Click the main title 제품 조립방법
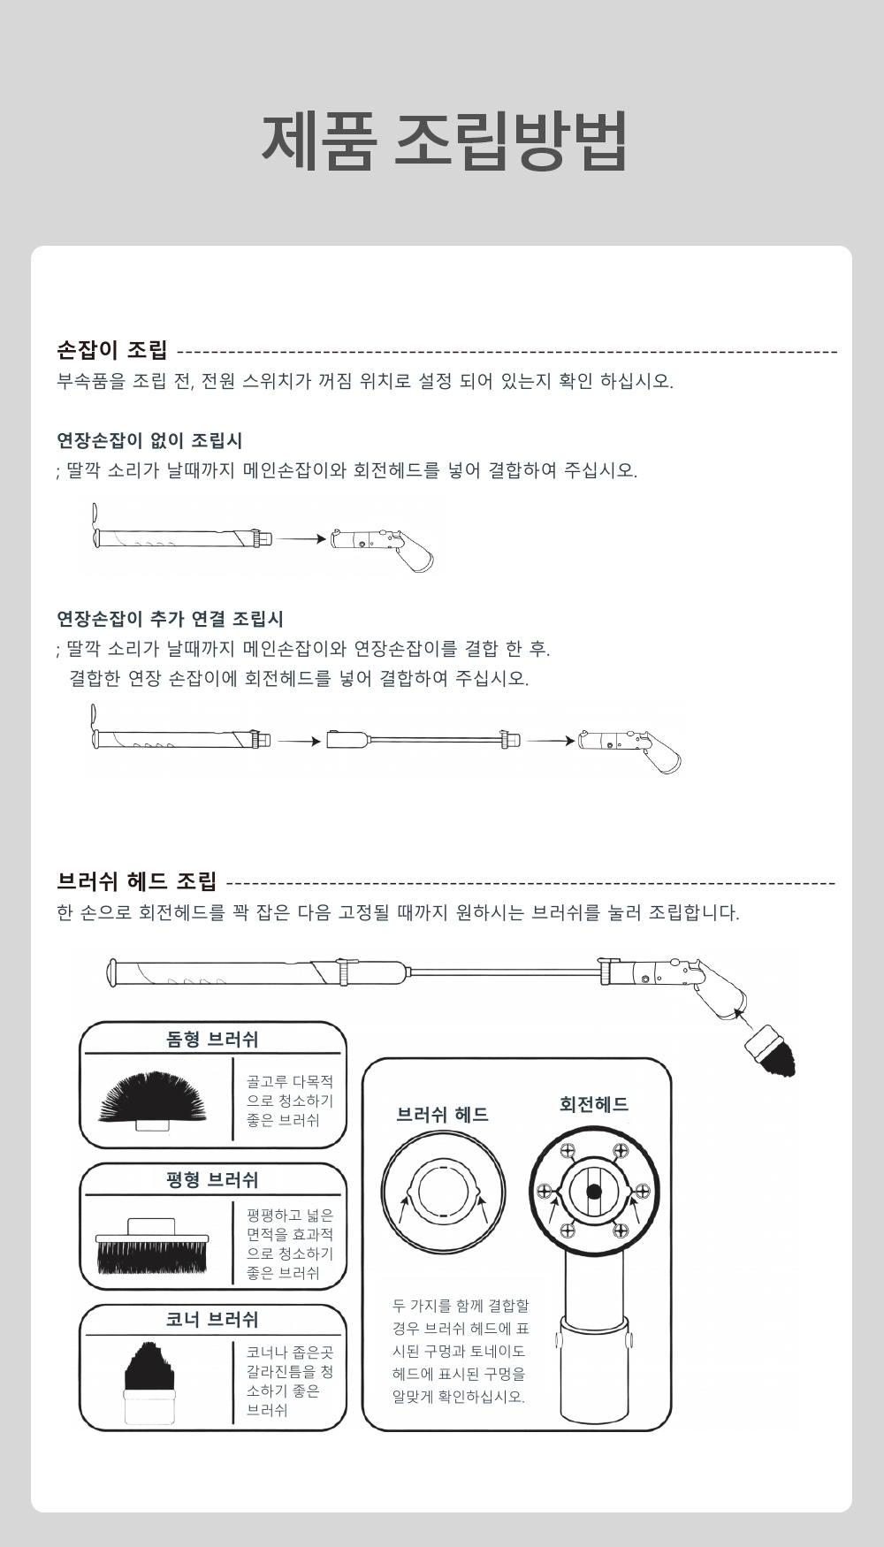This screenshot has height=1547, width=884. coord(445,141)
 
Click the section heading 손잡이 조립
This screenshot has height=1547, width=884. coord(112,350)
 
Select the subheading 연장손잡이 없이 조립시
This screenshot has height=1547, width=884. coord(149,440)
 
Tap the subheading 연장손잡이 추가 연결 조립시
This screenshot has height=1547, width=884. coord(170,619)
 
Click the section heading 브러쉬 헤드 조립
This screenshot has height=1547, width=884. coord(136,881)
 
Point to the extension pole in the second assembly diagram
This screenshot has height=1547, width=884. coord(423,739)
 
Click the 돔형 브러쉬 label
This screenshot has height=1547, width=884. coord(212,1040)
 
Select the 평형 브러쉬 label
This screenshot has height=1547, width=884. coord(212,1180)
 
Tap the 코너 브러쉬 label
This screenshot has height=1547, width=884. coord(212,1320)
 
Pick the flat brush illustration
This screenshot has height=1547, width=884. coord(151,1246)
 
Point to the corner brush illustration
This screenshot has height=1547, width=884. coord(151,1382)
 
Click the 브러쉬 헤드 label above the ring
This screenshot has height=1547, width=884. coord(443,1115)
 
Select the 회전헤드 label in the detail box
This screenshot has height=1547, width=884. coord(594,1104)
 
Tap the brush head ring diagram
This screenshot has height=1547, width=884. coord(444,1192)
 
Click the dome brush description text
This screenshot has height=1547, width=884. coord(290,1101)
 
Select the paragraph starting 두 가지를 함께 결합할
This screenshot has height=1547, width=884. coord(461,1351)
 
